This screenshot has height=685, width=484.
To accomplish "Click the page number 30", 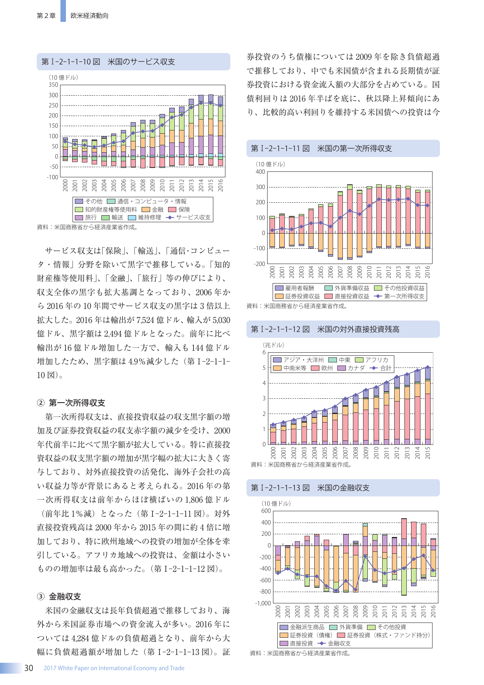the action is coord(28,668).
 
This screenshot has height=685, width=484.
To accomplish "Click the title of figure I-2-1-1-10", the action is coord(108,62).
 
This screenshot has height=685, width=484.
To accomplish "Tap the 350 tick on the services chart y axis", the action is coord(53,85).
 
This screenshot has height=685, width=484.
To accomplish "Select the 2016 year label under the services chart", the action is coord(220,185).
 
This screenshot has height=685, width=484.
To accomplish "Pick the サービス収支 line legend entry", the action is coord(188,218).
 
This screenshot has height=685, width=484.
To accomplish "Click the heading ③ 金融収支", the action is coord(59,596).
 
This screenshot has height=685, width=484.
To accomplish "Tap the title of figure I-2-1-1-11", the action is coord(321,148).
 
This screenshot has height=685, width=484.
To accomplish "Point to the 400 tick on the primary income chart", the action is coord(260,172).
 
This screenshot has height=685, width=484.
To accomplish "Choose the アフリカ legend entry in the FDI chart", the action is coord(372,360).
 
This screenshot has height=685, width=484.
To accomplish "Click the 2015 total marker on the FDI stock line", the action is coord(428,367).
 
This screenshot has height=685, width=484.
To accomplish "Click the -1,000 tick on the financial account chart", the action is coord(263,603).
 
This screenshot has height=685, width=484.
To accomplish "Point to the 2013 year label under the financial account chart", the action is coord(404,612).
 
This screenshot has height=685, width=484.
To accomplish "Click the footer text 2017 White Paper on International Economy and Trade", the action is coord(114,668).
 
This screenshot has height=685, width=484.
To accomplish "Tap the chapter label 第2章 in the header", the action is coord(46,16).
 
